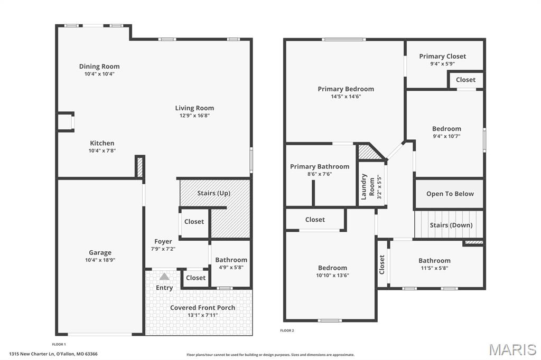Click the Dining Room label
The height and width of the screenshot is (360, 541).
(x=99, y=67)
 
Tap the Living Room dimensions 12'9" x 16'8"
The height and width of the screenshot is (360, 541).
(x=194, y=116)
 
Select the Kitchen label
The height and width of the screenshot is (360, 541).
(x=102, y=143)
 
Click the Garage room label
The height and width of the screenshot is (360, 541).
(x=100, y=253)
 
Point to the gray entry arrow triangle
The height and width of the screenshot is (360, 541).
(x=164, y=277)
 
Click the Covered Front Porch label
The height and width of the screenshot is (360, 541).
(x=203, y=308)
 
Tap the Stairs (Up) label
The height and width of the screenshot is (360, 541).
(x=213, y=193)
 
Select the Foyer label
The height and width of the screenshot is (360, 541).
(x=163, y=242)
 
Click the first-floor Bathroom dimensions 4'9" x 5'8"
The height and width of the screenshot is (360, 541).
(x=231, y=267)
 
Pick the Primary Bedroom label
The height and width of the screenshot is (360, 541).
(x=346, y=89)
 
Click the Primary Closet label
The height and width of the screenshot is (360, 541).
(x=443, y=56)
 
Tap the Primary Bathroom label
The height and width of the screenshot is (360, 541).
(x=320, y=167)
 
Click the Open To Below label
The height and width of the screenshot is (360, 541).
(x=450, y=194)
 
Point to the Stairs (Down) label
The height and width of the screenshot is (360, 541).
(x=451, y=225)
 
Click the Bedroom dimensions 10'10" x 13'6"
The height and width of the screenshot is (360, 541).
(x=332, y=275)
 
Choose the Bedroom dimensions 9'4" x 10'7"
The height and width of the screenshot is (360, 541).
(x=446, y=136)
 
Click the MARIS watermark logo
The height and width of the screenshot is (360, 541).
(x=512, y=349)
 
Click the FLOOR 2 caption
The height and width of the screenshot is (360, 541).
(x=287, y=330)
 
